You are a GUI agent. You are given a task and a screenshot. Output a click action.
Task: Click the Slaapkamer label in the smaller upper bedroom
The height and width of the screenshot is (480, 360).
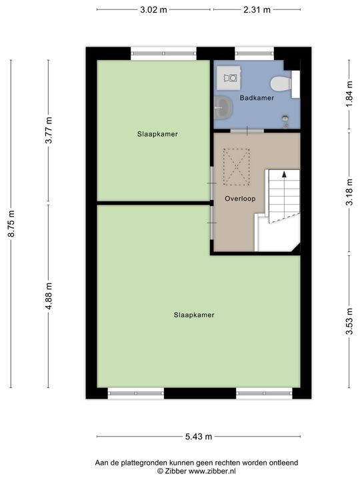click(x=157, y=134)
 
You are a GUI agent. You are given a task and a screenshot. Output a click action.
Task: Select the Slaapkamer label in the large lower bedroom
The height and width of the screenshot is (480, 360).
click(x=193, y=315)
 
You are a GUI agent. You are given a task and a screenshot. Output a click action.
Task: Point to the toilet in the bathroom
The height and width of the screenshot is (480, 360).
click(x=281, y=83)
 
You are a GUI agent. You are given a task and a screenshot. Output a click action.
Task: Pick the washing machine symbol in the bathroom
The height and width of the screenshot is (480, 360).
click(x=230, y=79)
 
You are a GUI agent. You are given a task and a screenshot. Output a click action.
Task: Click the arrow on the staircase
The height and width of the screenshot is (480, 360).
click(x=285, y=175)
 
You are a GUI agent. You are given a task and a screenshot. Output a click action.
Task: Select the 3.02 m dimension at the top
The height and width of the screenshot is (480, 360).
click(x=153, y=9)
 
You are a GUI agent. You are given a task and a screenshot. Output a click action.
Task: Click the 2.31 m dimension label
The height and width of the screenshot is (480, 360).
click(x=257, y=9)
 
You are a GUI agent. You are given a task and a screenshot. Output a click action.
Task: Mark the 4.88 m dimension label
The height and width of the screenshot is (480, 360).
click(x=48, y=296)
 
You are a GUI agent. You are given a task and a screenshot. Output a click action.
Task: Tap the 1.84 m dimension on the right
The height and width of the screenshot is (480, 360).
click(x=349, y=107)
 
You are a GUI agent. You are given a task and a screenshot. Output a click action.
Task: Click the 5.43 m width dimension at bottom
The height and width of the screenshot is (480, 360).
click(x=199, y=437)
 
